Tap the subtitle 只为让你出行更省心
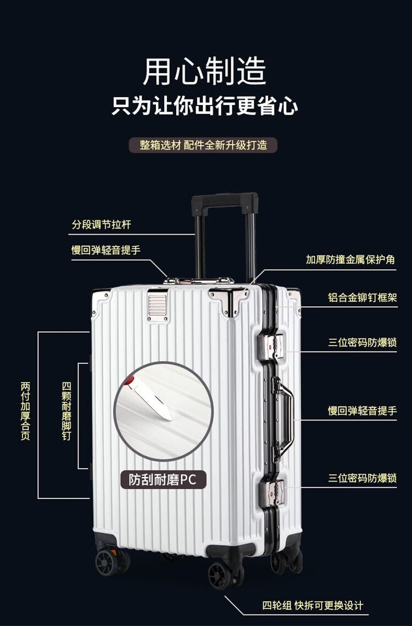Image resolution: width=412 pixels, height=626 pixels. click(x=205, y=106)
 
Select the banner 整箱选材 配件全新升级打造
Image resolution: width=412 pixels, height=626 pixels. click(x=203, y=145)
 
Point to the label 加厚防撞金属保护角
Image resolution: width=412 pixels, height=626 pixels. click(x=350, y=259)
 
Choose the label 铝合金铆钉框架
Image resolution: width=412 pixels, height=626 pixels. click(x=363, y=298)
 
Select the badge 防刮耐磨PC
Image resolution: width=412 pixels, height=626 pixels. click(x=163, y=479)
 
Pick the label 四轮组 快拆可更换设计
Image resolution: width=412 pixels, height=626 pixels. click(x=313, y=606)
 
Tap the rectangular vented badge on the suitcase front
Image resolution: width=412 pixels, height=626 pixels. click(x=157, y=307)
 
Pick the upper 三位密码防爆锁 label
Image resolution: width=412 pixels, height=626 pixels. click(x=363, y=343)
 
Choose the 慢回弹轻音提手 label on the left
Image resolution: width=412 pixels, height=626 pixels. click(x=106, y=250)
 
